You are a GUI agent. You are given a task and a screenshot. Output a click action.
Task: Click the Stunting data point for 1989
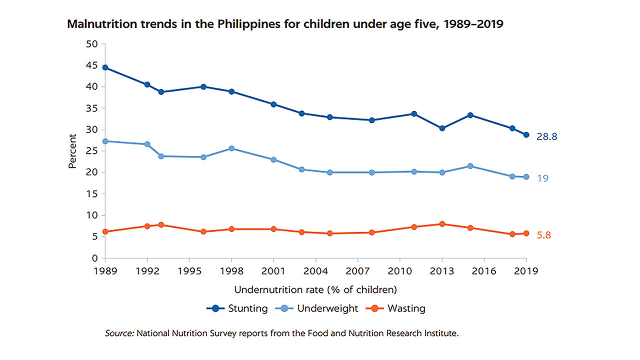(x=105, y=67)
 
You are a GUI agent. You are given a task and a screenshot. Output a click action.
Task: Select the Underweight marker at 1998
(x=231, y=148)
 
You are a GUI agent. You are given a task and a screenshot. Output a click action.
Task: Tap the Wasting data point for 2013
(x=441, y=224)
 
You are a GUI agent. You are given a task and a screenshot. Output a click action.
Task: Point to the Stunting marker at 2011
(x=413, y=114)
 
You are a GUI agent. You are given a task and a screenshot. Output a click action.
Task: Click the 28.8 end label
(x=546, y=136)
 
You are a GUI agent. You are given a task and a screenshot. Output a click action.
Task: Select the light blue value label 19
(x=542, y=178)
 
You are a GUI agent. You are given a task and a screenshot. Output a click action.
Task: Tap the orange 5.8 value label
(x=543, y=235)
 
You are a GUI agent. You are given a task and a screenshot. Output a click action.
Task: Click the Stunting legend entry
(x=237, y=308)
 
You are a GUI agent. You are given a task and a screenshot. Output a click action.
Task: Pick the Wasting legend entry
(x=397, y=308)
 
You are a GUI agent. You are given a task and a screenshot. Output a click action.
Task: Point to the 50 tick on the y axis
(x=92, y=44)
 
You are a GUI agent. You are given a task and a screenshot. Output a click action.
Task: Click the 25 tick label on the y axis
(x=92, y=151)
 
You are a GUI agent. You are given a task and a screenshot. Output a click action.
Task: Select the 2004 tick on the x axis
(x=315, y=271)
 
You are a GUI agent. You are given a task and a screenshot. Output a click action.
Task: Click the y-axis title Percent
(x=73, y=151)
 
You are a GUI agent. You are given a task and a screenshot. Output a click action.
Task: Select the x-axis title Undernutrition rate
(x=315, y=290)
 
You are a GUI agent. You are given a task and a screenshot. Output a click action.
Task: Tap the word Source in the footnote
(x=118, y=333)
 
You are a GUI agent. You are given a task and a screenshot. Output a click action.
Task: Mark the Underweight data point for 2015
(x=470, y=166)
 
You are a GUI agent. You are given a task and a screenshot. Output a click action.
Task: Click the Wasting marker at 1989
(x=105, y=231)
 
